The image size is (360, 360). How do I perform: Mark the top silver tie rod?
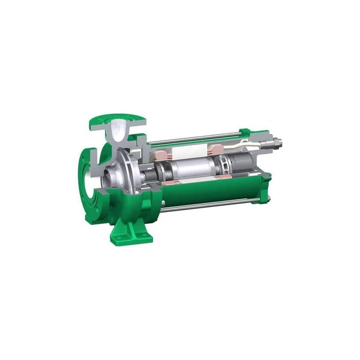tap(193, 137)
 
